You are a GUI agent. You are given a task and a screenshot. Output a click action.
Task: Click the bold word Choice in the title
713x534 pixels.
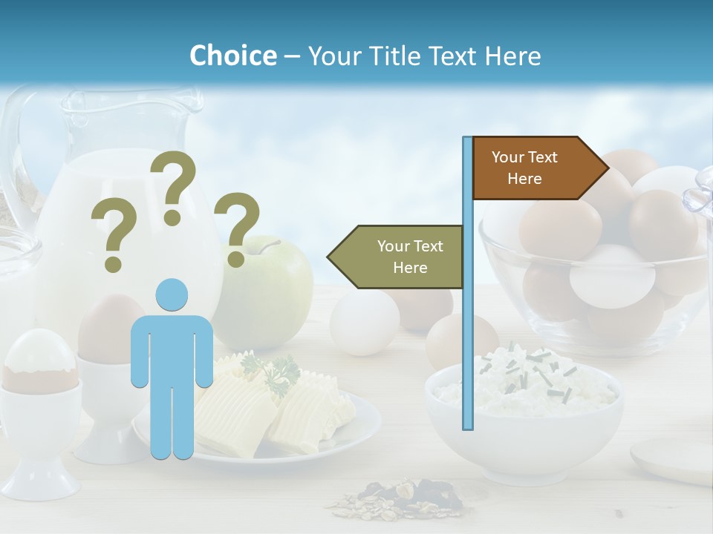pos(232,56)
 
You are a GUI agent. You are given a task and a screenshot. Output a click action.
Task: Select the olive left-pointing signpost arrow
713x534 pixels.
pos(398,257)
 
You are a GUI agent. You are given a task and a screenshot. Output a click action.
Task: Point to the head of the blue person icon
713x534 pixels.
pos(172,295)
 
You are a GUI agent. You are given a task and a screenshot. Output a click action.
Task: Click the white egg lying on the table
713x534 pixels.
pos(364,323)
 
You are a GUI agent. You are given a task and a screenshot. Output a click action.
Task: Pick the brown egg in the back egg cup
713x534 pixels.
pos(108,326)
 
